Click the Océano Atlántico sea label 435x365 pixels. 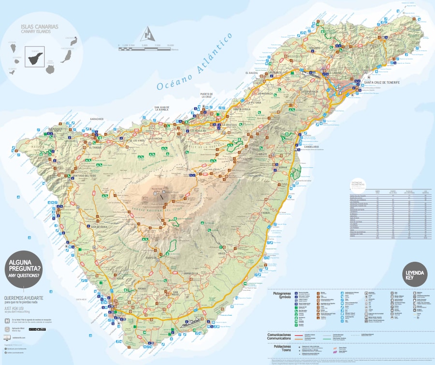(x=195, y=61)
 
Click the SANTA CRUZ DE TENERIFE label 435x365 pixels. (x=382, y=83)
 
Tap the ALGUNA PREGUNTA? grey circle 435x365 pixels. (x=24, y=267)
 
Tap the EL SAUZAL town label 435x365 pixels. (x=252, y=72)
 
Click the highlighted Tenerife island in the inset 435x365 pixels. (x=34, y=58)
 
